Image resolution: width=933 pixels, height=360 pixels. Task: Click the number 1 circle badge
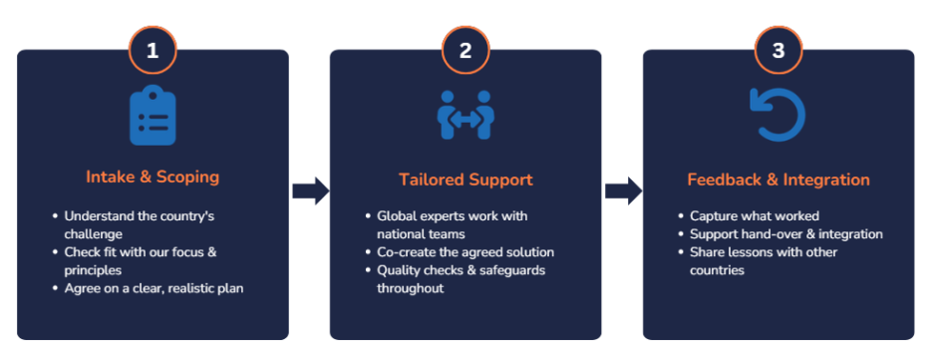click(153, 50)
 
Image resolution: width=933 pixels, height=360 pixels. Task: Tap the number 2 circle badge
click(466, 50)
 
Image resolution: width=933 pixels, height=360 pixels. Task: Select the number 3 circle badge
click(778, 50)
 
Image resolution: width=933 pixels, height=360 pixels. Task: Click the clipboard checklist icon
click(153, 116)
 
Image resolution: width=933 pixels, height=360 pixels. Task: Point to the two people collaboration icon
click(466, 116)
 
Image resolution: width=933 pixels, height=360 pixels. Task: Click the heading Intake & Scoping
click(153, 178)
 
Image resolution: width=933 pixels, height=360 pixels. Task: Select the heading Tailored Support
click(466, 180)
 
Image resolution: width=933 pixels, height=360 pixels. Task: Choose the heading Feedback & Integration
click(778, 180)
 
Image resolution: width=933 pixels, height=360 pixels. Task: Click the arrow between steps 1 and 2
click(311, 191)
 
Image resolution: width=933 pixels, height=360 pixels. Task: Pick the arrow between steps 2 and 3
click(623, 191)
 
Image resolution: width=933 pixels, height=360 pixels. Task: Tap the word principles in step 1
click(94, 270)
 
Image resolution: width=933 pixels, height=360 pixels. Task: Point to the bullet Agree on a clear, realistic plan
click(149, 288)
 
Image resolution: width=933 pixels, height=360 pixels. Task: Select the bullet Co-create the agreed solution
click(460, 252)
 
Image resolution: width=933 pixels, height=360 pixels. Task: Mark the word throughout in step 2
click(411, 288)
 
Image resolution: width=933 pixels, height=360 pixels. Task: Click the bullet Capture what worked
click(749, 216)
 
